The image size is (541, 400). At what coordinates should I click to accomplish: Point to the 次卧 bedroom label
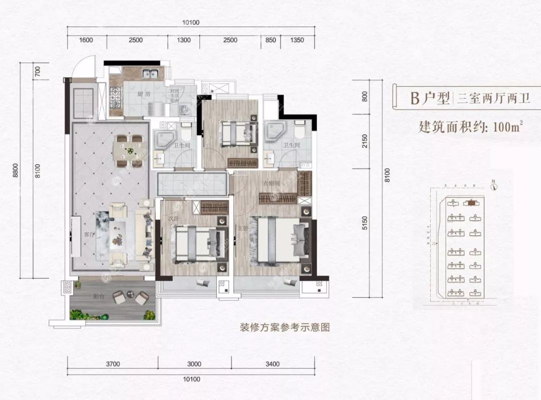[173, 219]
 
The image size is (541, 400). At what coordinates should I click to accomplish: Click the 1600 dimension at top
[86, 40]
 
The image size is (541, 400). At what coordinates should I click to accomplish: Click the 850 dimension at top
[270, 40]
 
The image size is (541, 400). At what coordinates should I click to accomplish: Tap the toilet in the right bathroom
[300, 131]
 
